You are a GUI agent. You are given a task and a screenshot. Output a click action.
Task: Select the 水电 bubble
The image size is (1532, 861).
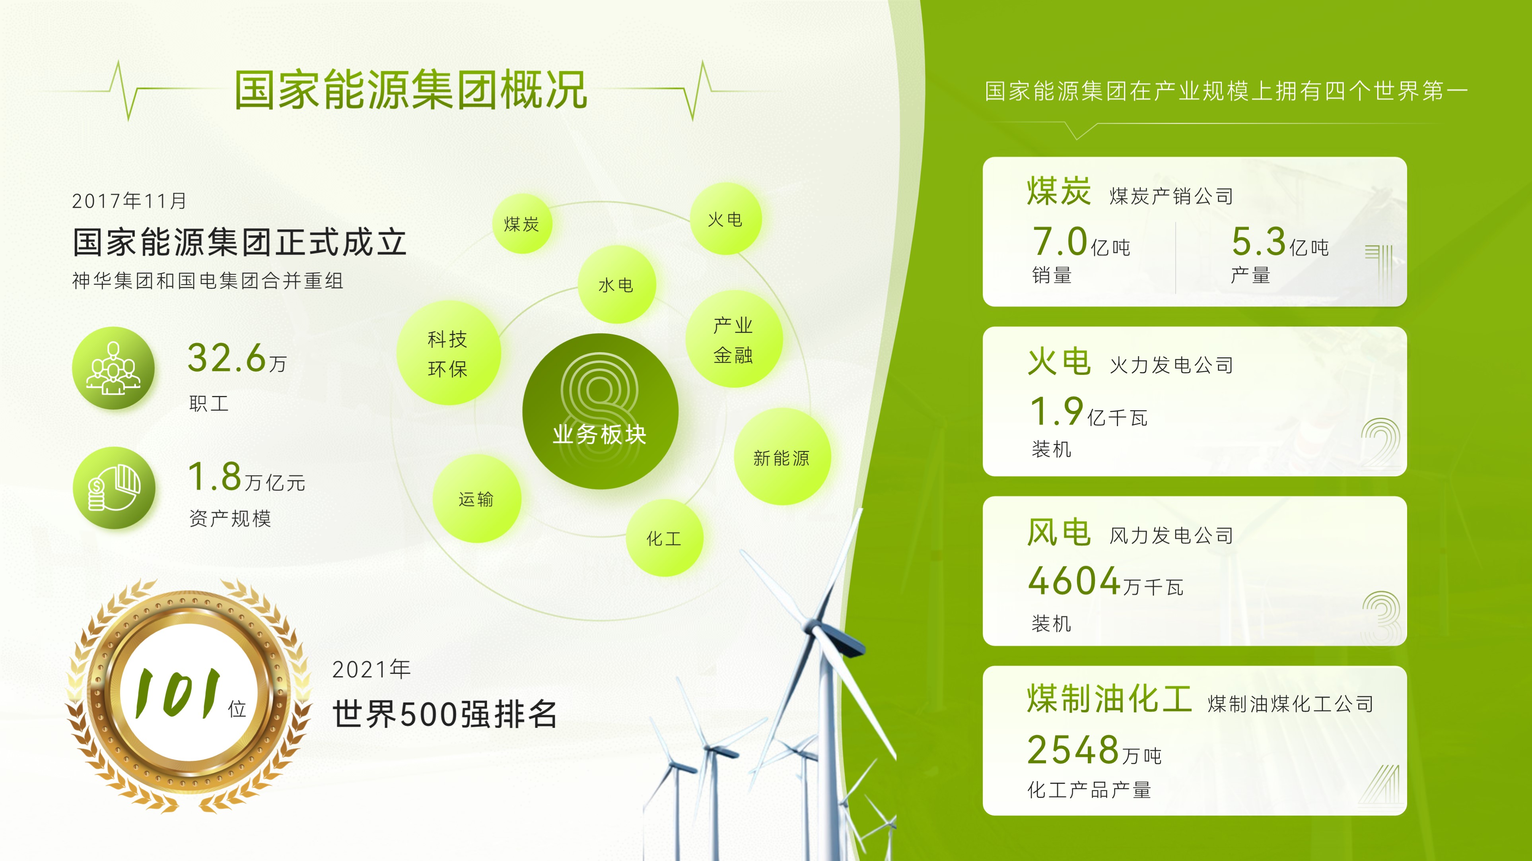click(617, 285)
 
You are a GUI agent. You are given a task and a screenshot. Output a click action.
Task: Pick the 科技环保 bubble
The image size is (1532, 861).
click(448, 353)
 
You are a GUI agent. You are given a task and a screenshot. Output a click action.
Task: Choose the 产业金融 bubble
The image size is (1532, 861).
click(734, 339)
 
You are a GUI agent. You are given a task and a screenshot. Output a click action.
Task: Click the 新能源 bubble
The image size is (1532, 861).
click(782, 457)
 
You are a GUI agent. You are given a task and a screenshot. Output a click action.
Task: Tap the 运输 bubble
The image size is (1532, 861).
click(477, 499)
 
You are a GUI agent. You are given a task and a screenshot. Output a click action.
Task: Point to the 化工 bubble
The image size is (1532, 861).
click(664, 538)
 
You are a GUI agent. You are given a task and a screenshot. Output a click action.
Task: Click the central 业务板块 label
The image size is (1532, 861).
click(599, 434)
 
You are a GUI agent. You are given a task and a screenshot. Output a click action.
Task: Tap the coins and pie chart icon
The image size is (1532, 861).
click(114, 488)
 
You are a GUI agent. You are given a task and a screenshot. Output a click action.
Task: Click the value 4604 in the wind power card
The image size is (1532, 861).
click(1075, 580)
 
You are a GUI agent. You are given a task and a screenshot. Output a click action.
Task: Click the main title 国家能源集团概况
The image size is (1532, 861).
click(411, 90)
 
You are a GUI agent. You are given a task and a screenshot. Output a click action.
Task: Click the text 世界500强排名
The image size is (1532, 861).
click(445, 714)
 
